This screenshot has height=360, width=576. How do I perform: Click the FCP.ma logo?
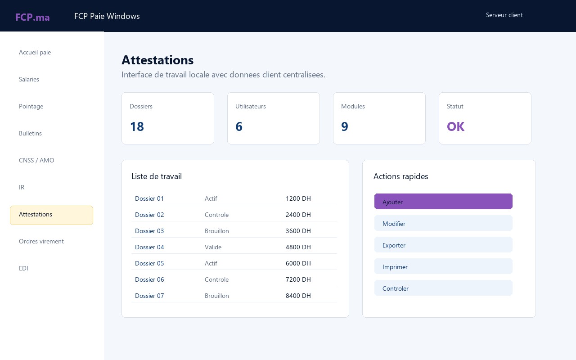coord(32,17)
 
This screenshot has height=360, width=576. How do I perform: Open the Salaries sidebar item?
coord(29,79)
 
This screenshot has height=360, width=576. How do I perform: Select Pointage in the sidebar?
coord(31,106)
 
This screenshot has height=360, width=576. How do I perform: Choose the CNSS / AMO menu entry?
coord(36,160)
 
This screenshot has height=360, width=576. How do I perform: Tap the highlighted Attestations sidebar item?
coord(51,215)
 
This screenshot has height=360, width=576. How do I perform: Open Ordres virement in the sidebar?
coord(41,241)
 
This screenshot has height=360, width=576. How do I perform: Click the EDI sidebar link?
coord(23,268)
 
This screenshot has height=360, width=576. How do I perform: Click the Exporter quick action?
coord(443,245)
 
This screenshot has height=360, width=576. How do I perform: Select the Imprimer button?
coord(443,266)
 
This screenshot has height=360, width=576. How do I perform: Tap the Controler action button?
coord(443,288)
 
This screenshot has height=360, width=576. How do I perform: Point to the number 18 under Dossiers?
coord(137,126)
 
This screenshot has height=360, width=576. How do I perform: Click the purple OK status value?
coord(455,126)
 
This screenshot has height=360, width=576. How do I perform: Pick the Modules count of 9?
coord(345,126)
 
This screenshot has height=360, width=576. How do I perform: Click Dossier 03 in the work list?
coord(149,231)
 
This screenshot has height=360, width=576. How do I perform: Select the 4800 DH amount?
coord(298,247)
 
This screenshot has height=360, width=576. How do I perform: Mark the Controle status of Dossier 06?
coord(216,279)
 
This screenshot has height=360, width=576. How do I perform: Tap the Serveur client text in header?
coord(504,15)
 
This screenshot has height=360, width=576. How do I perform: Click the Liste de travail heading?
coord(157,176)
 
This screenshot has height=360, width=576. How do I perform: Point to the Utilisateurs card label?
coord(251,106)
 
